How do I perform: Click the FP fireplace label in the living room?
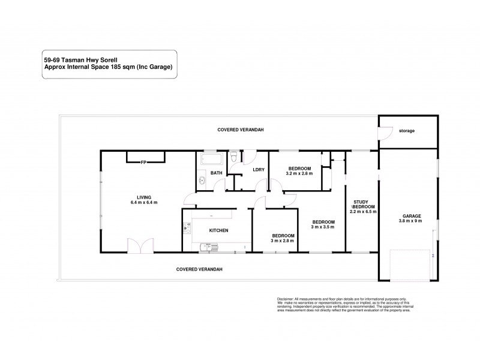click(x=143, y=162)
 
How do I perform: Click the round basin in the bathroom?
click(x=202, y=180)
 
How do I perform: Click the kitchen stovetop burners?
click(x=187, y=229)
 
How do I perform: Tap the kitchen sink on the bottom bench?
click(x=208, y=245)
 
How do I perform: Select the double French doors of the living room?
click(x=137, y=245)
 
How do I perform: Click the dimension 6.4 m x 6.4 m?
click(x=143, y=202)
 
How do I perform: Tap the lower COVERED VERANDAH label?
click(x=200, y=269)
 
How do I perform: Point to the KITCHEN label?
click(x=218, y=230)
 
